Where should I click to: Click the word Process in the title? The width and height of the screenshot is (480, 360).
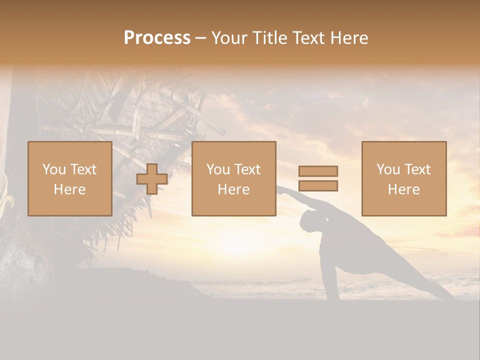coord(157,38)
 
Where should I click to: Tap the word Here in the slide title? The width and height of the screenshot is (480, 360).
coord(348,38)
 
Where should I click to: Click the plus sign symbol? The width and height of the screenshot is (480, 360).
coord(152,179)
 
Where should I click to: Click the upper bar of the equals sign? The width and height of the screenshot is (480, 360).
coord(318,171)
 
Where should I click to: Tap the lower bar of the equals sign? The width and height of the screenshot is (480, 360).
coord(318,186)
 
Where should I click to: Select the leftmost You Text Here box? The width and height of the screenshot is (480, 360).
coord(70,179)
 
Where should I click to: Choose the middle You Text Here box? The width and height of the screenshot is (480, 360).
coord(233,179)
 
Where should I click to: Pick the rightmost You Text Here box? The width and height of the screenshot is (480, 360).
coord(403,179)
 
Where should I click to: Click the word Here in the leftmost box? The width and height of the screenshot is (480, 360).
coord(70,189)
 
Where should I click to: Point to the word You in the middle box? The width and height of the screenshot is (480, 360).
coord(218,169)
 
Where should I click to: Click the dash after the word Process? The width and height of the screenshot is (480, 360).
coord(201,38)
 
